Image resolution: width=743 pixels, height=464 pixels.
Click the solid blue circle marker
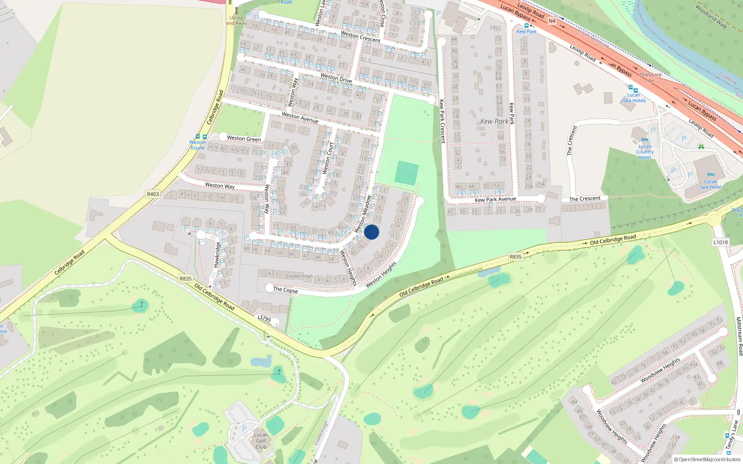(371, 232)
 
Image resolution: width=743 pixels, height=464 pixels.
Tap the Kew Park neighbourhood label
(494, 122)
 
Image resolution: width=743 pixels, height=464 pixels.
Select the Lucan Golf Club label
(261, 441)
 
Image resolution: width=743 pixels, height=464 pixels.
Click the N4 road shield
(552, 21)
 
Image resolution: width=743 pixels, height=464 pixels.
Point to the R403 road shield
(153, 194)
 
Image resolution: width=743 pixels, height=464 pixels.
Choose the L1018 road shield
(720, 242)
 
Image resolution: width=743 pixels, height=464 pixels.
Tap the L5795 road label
(264, 318)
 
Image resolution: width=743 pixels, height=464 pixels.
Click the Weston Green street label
(244, 138)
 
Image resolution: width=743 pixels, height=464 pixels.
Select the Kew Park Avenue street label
(495, 200)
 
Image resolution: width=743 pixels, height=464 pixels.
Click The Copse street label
(286, 290)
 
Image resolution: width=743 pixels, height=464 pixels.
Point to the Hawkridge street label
(216, 255)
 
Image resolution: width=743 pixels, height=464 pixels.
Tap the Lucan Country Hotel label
(645, 152)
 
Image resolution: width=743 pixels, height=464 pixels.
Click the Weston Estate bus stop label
(197, 145)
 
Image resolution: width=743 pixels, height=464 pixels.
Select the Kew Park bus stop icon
(527, 26)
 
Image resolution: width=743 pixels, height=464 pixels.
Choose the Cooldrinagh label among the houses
(299, 276)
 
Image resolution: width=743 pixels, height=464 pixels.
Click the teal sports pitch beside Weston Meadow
(406, 173)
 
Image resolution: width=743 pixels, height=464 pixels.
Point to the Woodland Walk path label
(711, 17)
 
